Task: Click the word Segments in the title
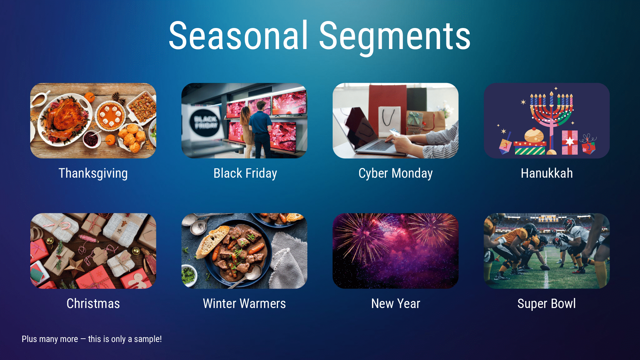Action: (394, 36)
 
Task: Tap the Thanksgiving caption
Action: (93, 173)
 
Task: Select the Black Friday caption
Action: (245, 173)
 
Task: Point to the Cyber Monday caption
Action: (395, 173)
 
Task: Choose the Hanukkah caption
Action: (547, 173)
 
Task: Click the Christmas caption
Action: (93, 304)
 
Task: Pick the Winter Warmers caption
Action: (244, 304)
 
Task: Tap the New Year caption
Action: (396, 304)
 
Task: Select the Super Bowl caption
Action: (546, 304)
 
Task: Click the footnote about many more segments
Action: (92, 339)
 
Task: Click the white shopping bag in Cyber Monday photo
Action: (389, 120)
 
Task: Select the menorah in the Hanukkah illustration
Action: (551, 113)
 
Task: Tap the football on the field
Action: (545, 267)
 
